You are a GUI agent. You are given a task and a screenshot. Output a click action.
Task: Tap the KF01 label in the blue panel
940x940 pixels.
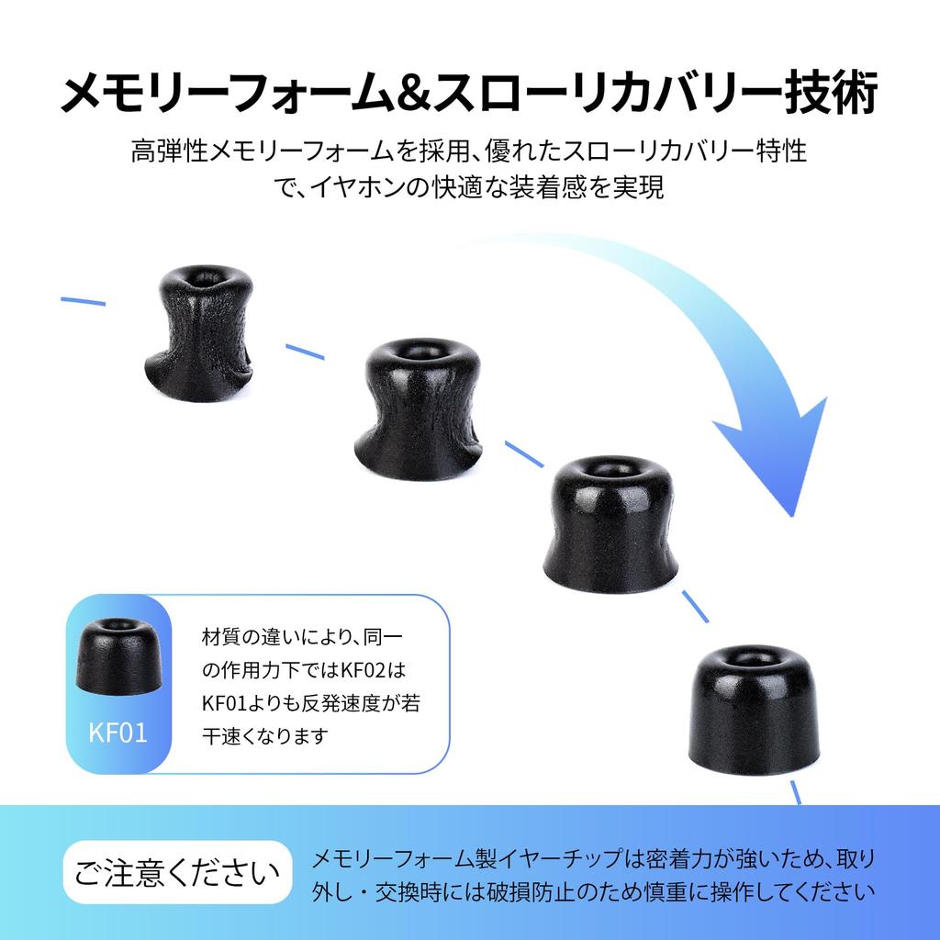point(117,733)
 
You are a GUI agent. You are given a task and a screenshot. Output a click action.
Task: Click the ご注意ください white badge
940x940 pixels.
point(177,872)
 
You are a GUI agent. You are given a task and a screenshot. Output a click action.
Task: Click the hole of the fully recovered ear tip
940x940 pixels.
point(751,658)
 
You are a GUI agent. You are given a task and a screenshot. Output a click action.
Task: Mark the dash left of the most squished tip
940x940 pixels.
point(84,301)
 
